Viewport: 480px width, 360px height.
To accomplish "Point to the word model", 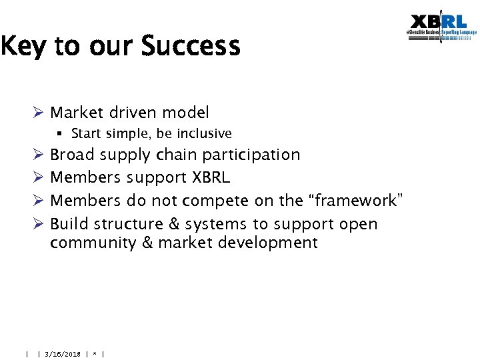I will coord(186,113).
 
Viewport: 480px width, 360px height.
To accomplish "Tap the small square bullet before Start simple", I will coord(61,133).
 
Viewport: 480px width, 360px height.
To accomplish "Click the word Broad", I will coord(73,155).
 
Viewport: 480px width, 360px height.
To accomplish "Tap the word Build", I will coord(69,224).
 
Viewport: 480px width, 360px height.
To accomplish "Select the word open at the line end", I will coord(359,224).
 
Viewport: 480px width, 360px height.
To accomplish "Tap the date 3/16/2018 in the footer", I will coord(62,354).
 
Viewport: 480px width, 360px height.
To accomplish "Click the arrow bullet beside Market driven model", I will coord(39,113).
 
